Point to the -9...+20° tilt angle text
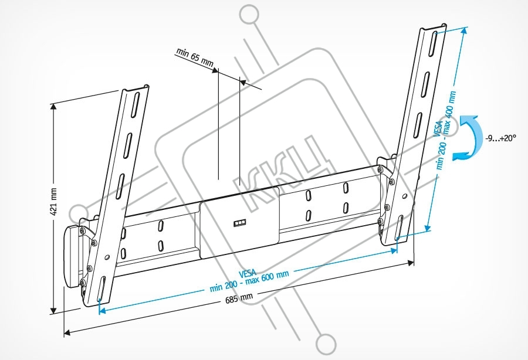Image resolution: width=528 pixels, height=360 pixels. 501,138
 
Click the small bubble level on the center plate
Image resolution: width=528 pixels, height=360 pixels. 240,223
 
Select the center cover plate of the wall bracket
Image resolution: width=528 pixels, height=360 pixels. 240,222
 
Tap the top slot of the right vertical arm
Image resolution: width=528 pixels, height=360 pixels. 434,44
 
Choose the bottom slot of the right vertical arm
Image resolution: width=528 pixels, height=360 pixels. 400,227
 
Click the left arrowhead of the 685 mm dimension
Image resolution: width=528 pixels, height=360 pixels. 67,333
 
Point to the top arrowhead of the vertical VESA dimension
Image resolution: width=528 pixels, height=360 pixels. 465,31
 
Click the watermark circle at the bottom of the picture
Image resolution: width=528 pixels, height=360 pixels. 326,345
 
